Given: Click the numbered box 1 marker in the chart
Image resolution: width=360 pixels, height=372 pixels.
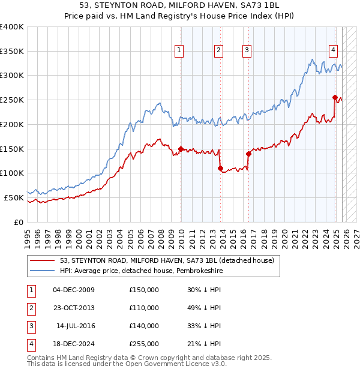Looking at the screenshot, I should (x=179, y=50).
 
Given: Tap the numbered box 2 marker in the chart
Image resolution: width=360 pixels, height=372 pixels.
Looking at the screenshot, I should (x=219, y=50).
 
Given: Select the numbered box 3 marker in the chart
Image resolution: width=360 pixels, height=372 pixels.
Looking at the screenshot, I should (x=247, y=50).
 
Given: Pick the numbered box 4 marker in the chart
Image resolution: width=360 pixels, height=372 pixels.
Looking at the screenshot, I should (x=332, y=50).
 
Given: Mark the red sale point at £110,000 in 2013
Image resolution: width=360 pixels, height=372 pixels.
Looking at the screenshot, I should (x=220, y=168).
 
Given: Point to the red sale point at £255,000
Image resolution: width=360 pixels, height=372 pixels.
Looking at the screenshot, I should (x=335, y=97).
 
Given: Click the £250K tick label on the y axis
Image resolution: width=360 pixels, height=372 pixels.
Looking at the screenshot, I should (x=12, y=100).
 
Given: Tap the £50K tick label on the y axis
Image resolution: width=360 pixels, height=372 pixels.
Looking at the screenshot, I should (x=14, y=197).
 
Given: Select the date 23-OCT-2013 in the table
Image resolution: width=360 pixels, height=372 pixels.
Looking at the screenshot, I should (x=74, y=308).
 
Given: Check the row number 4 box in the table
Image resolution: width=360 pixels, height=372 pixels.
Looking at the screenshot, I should (x=30, y=344).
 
